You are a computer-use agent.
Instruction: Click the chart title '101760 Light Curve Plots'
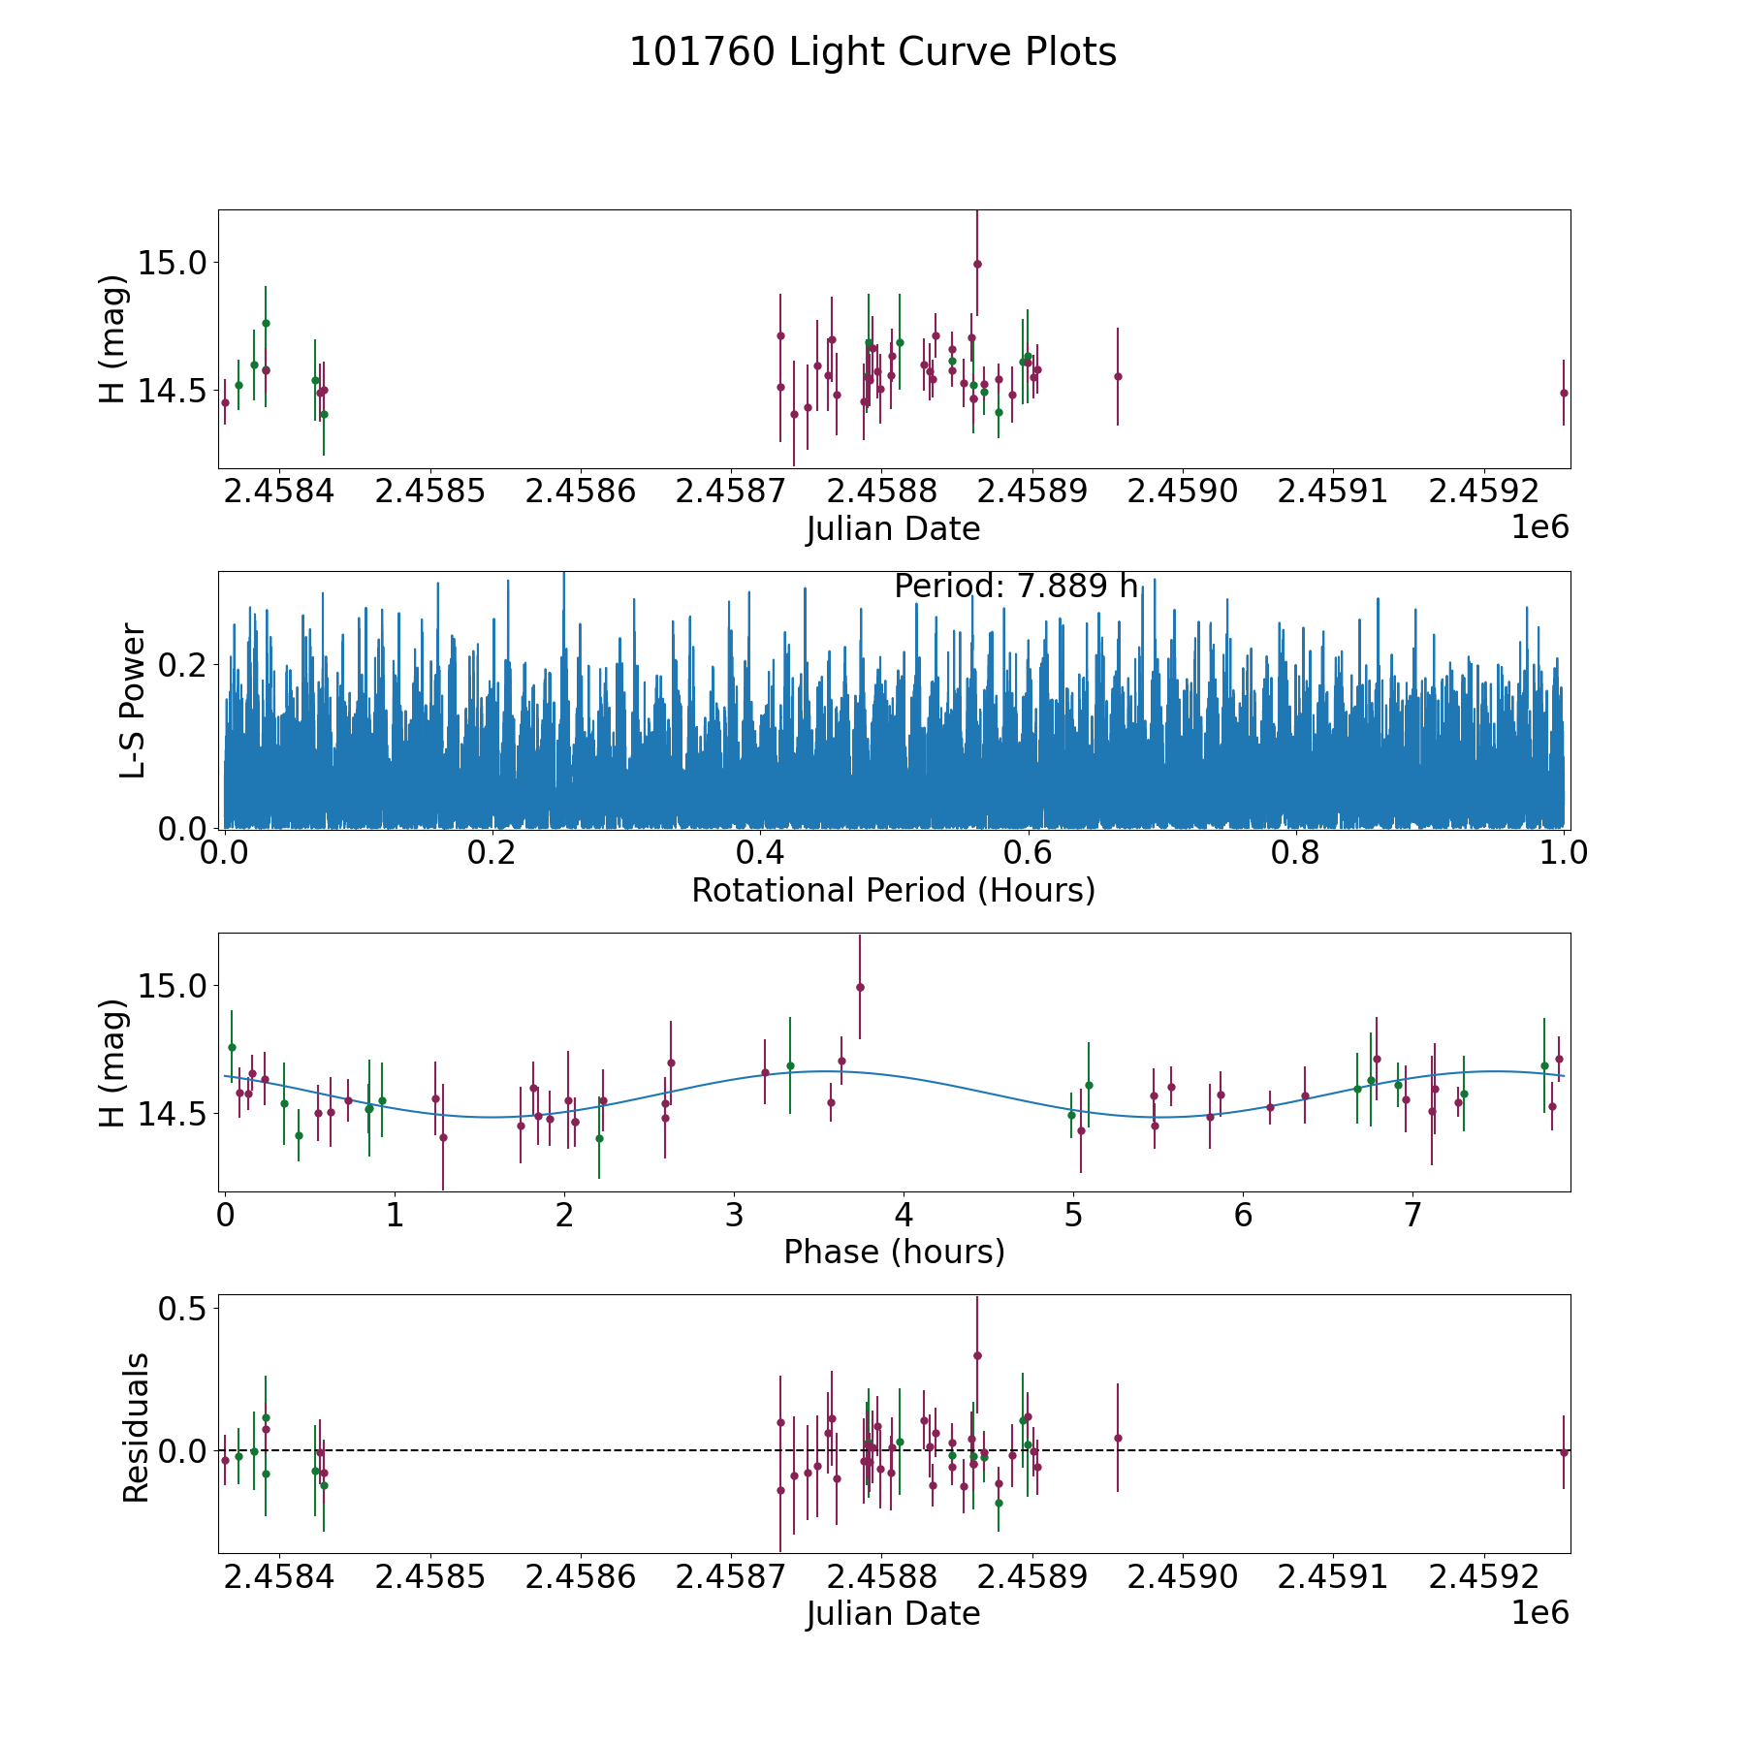pyautogui.click(x=872, y=52)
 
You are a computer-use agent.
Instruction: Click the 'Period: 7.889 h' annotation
pyautogui.click(x=1016, y=587)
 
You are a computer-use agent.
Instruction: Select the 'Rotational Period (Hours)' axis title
pyautogui.click(x=894, y=890)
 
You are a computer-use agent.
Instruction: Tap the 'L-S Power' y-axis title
pyautogui.click(x=133, y=701)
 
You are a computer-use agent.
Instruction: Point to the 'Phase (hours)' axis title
pyautogui.click(x=894, y=1253)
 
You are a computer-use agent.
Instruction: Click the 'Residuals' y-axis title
pyautogui.click(x=136, y=1427)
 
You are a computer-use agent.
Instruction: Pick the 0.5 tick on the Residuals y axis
pyautogui.click(x=183, y=1309)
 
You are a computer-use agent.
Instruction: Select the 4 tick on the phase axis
pyautogui.click(x=904, y=1216)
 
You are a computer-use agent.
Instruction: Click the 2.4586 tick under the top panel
pyautogui.click(x=580, y=492)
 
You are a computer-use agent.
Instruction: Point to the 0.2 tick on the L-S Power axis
pyautogui.click(x=183, y=665)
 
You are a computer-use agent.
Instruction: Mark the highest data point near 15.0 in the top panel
pyautogui.click(x=977, y=264)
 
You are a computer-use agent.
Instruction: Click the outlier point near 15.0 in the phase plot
pyautogui.click(x=860, y=987)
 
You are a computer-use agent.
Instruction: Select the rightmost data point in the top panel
pyautogui.click(x=1564, y=393)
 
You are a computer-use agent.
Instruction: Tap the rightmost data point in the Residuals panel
pyautogui.click(x=1564, y=1452)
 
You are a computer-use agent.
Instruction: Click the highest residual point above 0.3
pyautogui.click(x=977, y=1355)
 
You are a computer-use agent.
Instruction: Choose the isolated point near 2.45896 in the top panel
pyautogui.click(x=1118, y=376)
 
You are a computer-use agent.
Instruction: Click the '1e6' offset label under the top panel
pyautogui.click(x=1540, y=527)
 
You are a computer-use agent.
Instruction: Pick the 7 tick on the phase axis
pyautogui.click(x=1412, y=1216)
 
